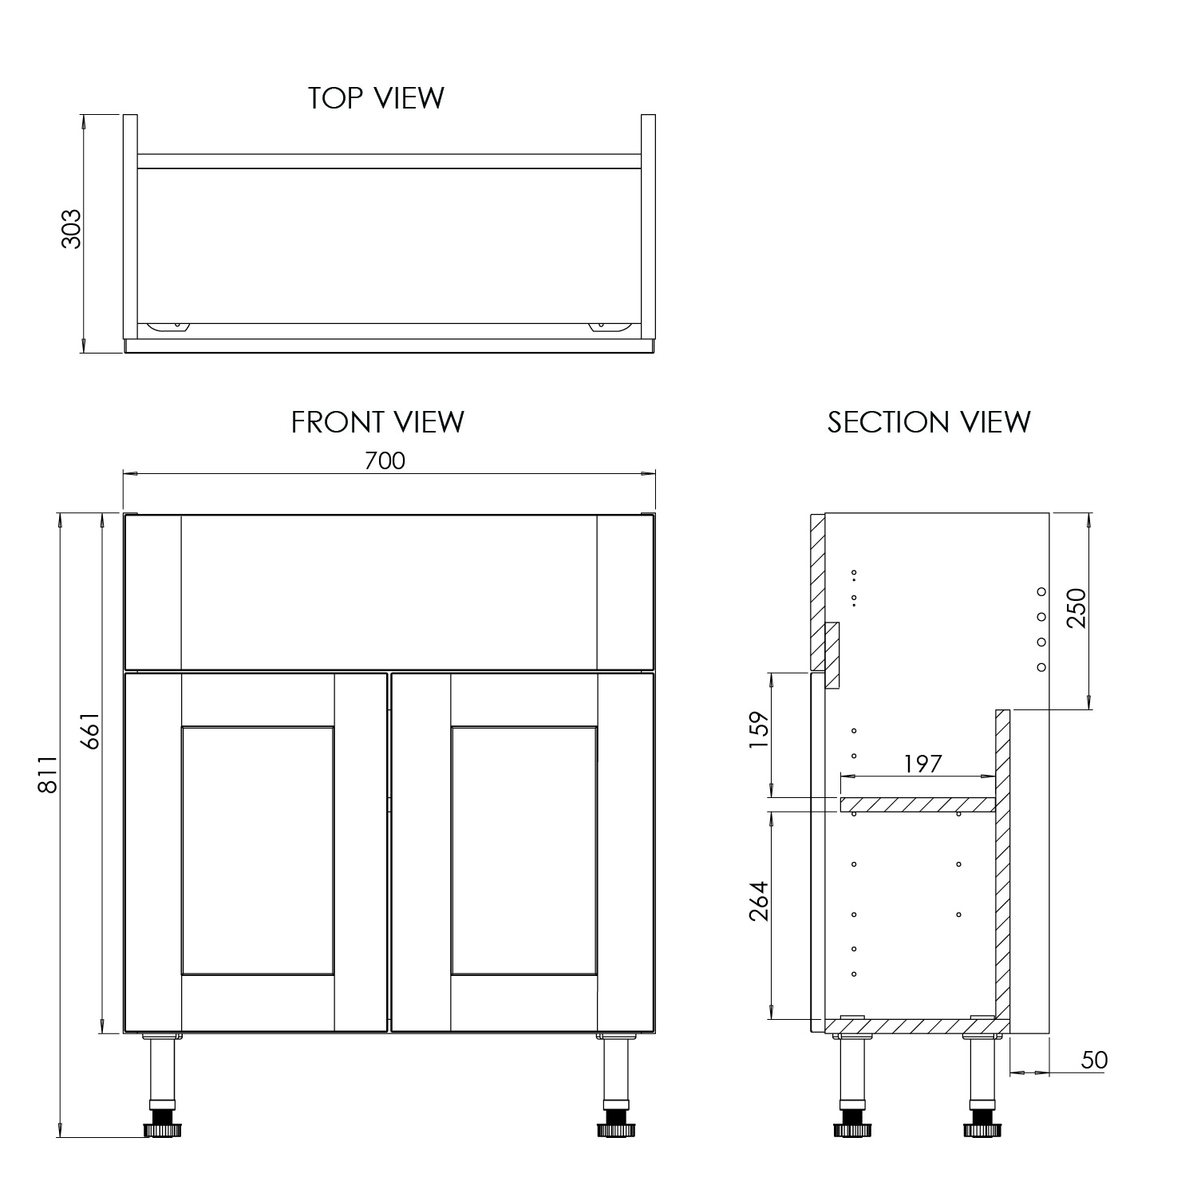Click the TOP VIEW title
tap(376, 97)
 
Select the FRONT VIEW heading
tap(377, 422)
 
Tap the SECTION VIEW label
tap(929, 422)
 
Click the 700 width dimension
tap(385, 460)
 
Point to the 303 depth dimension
tap(72, 229)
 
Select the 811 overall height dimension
tap(48, 774)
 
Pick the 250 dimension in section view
tap(1077, 608)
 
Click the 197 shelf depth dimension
tap(922, 764)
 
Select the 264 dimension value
tap(758, 901)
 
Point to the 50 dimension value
tap(1094, 1060)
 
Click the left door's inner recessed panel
tap(257, 851)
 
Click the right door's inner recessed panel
tap(523, 851)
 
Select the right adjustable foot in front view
tap(614, 1129)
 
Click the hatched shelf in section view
tap(917, 804)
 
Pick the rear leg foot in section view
tap(982, 1129)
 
